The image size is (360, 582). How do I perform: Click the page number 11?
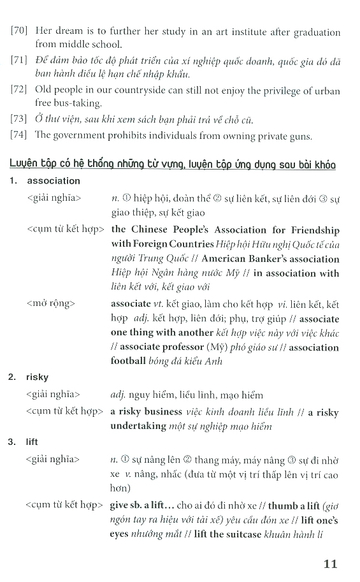pos(329,564)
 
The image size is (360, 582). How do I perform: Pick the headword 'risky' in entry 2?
pos(38,377)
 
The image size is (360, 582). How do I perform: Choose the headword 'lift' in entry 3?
pos(32,441)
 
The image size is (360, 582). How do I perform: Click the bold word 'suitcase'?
pos(242,534)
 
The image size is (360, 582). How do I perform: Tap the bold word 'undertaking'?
pos(138,426)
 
